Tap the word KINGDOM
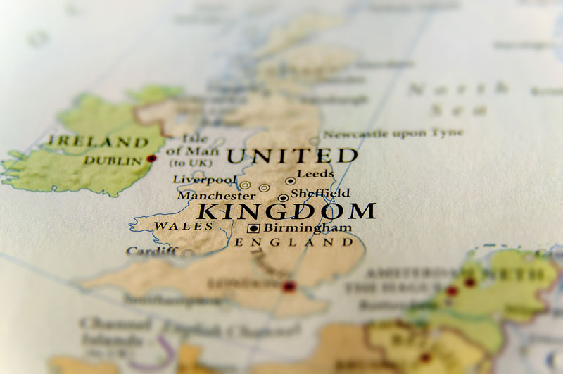pyautogui.click(x=286, y=211)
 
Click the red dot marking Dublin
pyautogui.click(x=151, y=159)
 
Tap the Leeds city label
pyautogui.click(x=315, y=174)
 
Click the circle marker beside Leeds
pyautogui.click(x=290, y=181)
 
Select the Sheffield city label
pyautogui.click(x=320, y=192)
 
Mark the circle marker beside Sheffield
pyautogui.click(x=283, y=198)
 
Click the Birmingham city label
pyautogui.click(x=308, y=227)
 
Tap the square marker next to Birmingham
pyautogui.click(x=253, y=228)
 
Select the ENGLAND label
pyautogui.click(x=293, y=242)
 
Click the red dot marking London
pyautogui.click(x=289, y=287)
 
